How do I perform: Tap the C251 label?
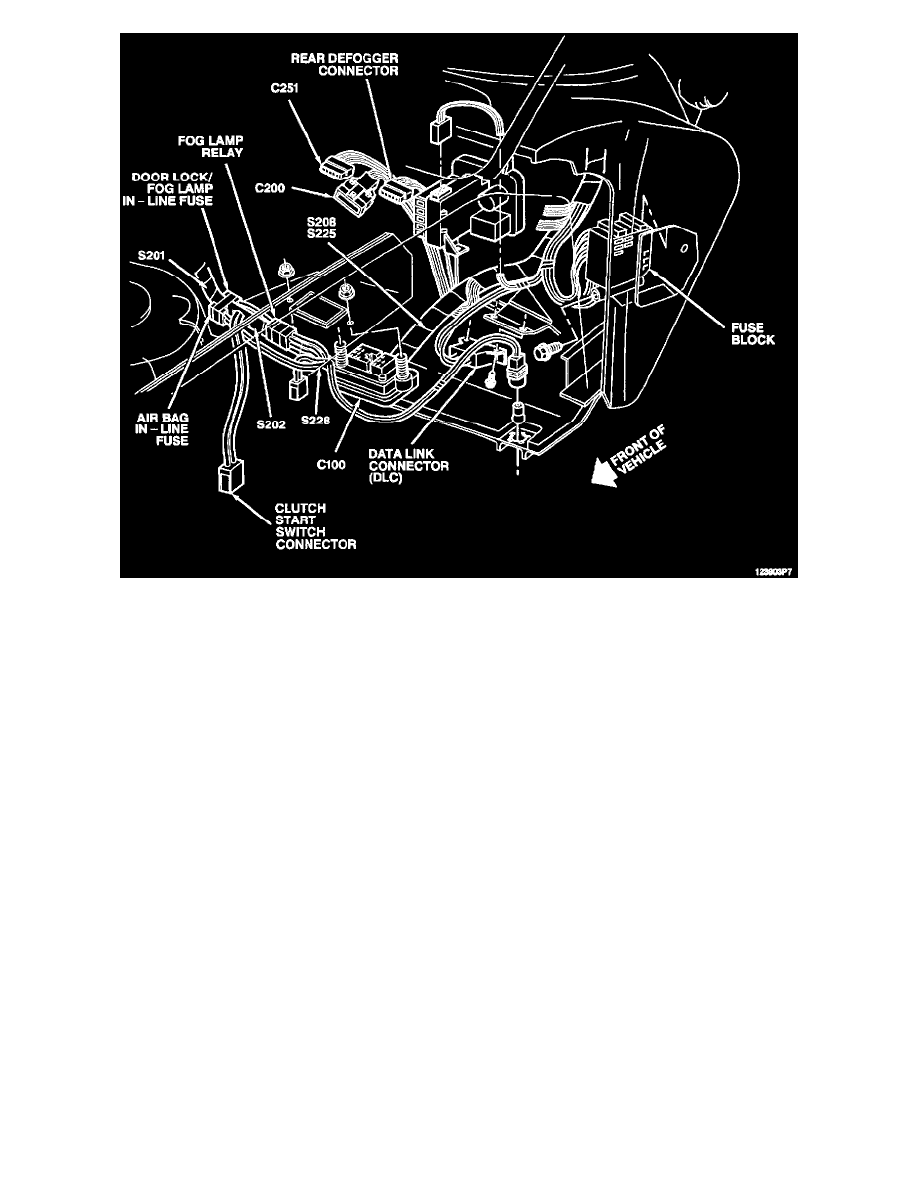pos(286,88)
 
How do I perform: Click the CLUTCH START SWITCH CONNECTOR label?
pos(316,527)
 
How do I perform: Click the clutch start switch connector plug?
pos(229,480)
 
